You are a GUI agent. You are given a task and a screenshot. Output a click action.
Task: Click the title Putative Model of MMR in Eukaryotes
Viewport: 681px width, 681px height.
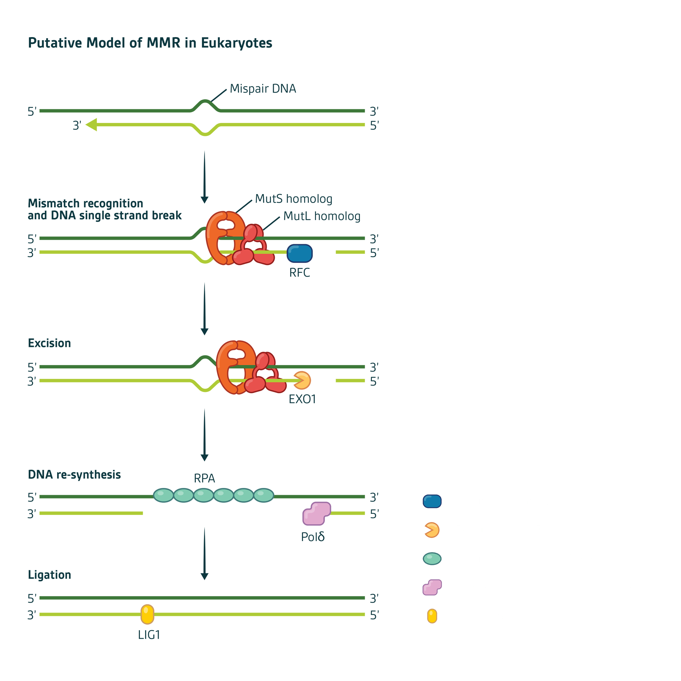click(150, 43)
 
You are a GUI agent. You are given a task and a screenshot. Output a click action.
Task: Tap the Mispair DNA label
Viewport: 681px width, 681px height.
click(263, 89)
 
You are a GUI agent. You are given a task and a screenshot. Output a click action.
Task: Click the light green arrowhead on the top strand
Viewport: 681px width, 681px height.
click(91, 124)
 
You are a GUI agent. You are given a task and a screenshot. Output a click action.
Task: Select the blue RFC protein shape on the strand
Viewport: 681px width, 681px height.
click(300, 253)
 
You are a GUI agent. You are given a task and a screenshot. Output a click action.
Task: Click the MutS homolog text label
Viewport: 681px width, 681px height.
click(294, 199)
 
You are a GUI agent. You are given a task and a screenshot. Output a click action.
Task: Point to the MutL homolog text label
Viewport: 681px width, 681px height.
click(322, 216)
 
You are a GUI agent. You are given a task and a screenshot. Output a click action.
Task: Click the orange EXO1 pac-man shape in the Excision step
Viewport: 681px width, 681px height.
click(302, 380)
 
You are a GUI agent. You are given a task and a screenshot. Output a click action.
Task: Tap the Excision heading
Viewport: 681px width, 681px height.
click(49, 343)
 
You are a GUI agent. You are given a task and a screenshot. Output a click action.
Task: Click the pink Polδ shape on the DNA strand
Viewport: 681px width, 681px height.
click(316, 513)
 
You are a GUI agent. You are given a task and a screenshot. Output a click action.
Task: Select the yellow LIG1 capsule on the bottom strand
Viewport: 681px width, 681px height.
click(147, 614)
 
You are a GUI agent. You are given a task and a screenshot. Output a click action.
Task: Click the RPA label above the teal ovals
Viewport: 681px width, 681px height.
click(204, 478)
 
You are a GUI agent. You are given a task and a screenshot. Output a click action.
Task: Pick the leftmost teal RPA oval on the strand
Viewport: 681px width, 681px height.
click(163, 495)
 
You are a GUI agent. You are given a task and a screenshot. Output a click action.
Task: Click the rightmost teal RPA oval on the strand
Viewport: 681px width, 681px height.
click(264, 495)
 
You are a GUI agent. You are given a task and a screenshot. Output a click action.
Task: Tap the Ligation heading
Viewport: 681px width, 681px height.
click(49, 574)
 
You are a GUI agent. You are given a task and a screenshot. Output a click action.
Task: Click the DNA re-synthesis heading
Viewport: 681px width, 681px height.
click(74, 474)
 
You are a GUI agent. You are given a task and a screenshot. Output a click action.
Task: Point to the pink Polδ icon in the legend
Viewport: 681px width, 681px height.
click(432, 587)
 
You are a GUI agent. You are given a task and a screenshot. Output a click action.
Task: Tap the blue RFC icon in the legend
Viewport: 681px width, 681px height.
click(432, 501)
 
